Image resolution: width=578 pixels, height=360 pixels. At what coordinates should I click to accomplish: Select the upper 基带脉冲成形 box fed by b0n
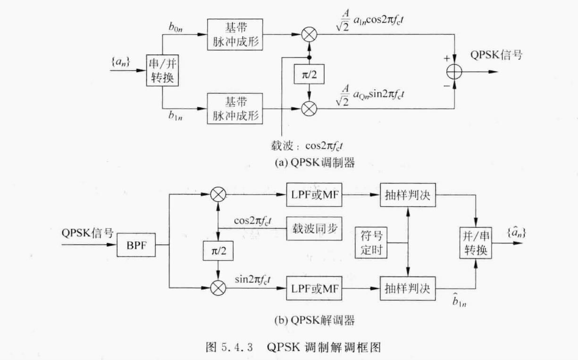(234, 34)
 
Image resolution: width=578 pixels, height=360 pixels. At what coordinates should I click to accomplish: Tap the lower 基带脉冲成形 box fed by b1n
(234, 108)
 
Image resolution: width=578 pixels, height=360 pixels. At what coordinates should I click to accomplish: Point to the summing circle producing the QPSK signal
(455, 72)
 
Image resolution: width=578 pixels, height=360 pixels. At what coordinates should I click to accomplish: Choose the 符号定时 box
(371, 243)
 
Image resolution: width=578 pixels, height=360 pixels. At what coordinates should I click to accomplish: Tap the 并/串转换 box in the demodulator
(476, 243)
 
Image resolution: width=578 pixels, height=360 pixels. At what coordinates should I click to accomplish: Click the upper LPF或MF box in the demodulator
(314, 194)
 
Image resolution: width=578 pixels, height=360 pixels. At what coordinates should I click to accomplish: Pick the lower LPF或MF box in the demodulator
(314, 288)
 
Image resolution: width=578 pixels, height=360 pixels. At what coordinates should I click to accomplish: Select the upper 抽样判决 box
(408, 194)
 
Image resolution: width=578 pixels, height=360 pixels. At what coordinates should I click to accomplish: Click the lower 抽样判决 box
(408, 288)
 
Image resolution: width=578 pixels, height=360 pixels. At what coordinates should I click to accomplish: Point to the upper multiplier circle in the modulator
(309, 34)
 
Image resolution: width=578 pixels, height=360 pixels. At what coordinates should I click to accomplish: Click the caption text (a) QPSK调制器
(314, 163)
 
